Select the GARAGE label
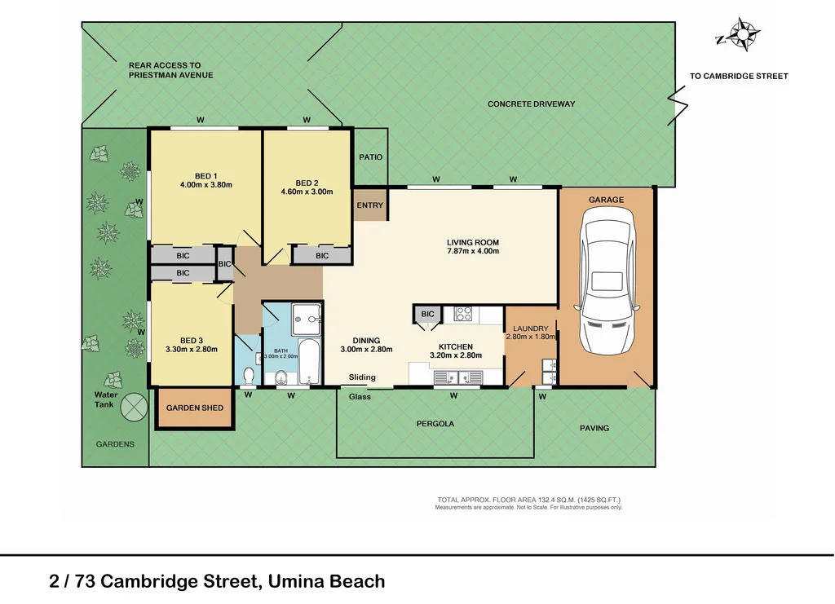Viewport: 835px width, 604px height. click(x=606, y=200)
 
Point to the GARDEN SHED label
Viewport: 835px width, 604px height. click(x=194, y=408)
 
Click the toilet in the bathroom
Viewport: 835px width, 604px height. click(x=248, y=374)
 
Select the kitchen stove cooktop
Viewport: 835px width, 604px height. click(x=463, y=313)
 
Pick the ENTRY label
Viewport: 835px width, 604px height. click(x=369, y=205)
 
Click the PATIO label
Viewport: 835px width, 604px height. click(x=371, y=157)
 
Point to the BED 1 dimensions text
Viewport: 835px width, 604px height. click(x=205, y=185)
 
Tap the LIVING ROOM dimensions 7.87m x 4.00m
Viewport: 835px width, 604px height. click(x=472, y=251)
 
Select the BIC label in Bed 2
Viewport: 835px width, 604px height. click(x=322, y=256)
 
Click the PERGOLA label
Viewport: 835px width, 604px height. click(x=435, y=424)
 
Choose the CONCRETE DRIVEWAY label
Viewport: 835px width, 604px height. click(x=531, y=104)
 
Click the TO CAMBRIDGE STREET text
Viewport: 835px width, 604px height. click(x=739, y=77)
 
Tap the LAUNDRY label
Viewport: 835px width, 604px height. click(x=531, y=328)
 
